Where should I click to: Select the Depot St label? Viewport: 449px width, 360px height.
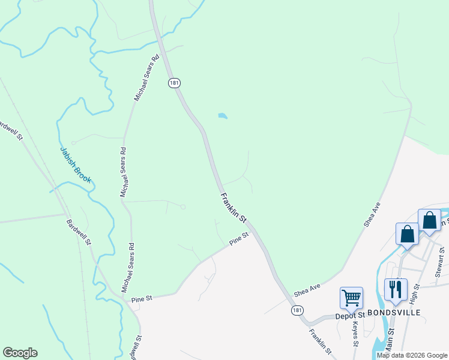pos(350,315)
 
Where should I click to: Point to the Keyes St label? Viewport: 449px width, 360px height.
pos(355,334)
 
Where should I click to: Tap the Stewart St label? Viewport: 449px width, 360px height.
pos(441,262)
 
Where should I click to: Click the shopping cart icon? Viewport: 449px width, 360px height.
pos(351,297)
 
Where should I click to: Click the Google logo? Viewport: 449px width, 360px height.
pos(20,353)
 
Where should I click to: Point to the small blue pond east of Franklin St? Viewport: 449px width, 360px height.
pos(222,115)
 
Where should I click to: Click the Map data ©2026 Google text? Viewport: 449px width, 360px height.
pos(412,355)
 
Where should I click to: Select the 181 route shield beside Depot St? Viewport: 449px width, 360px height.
pos(297,310)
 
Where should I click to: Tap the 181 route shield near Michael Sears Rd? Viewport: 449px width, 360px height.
pos(173,83)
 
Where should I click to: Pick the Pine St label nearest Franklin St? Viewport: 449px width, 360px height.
pos(238,239)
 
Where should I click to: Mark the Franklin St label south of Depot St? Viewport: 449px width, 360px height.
pos(321,341)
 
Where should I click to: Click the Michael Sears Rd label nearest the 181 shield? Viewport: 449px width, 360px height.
pos(146,77)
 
